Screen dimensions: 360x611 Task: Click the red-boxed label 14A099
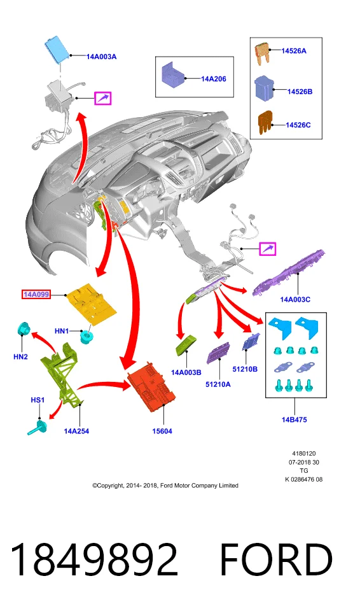click(x=36, y=295)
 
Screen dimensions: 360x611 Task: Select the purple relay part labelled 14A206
click(x=173, y=75)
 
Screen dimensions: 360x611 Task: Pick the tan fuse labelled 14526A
click(x=263, y=53)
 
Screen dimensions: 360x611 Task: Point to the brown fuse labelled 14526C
click(x=265, y=122)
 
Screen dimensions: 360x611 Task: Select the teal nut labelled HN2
click(x=24, y=330)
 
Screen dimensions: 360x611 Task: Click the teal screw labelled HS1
click(x=38, y=428)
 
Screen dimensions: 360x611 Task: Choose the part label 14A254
click(x=76, y=431)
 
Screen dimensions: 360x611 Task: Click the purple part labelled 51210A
click(x=218, y=353)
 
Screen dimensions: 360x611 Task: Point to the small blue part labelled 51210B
click(x=250, y=342)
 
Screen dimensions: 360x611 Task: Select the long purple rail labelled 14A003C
click(x=289, y=273)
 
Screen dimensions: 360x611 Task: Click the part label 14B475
click(x=294, y=419)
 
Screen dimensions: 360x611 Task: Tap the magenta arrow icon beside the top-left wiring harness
click(x=103, y=98)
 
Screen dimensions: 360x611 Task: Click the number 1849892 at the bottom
click(x=94, y=559)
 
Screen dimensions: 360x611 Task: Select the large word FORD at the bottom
click(x=276, y=559)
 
